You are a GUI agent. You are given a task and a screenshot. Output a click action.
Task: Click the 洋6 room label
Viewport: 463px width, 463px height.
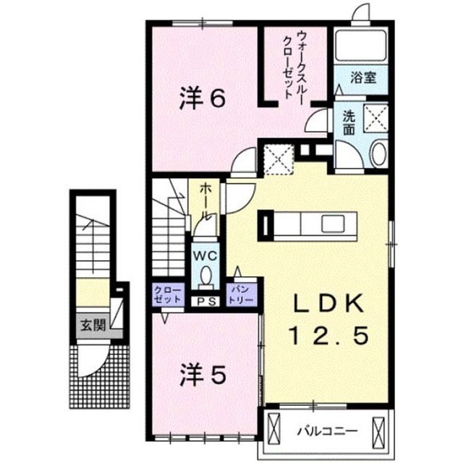(203, 98)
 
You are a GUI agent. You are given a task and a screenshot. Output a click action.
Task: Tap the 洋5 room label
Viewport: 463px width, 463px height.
(203, 375)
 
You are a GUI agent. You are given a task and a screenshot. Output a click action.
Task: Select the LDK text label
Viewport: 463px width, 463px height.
(328, 304)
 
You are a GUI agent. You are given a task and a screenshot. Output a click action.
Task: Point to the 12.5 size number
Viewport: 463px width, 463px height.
(330, 336)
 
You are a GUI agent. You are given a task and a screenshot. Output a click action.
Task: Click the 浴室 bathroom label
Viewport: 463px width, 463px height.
(363, 77)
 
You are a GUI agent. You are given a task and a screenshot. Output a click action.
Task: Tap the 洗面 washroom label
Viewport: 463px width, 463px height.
(349, 124)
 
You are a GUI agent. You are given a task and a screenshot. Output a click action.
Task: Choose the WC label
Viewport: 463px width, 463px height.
(205, 256)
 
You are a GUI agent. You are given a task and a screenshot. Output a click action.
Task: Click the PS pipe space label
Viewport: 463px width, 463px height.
(205, 302)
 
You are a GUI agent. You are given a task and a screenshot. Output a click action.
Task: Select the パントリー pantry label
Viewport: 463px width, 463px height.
(241, 294)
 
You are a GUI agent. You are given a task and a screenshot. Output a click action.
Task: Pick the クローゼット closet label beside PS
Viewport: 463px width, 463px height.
(168, 294)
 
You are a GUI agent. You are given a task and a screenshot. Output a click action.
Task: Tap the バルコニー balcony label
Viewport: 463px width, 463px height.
(327, 431)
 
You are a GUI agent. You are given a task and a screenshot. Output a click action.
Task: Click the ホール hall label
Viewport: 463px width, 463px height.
(205, 202)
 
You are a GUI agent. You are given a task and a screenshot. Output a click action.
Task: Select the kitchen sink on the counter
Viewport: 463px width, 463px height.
(333, 224)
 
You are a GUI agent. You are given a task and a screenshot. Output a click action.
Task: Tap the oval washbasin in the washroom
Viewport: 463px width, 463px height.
(379, 154)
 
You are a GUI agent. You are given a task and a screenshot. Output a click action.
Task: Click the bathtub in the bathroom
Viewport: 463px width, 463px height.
(361, 46)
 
